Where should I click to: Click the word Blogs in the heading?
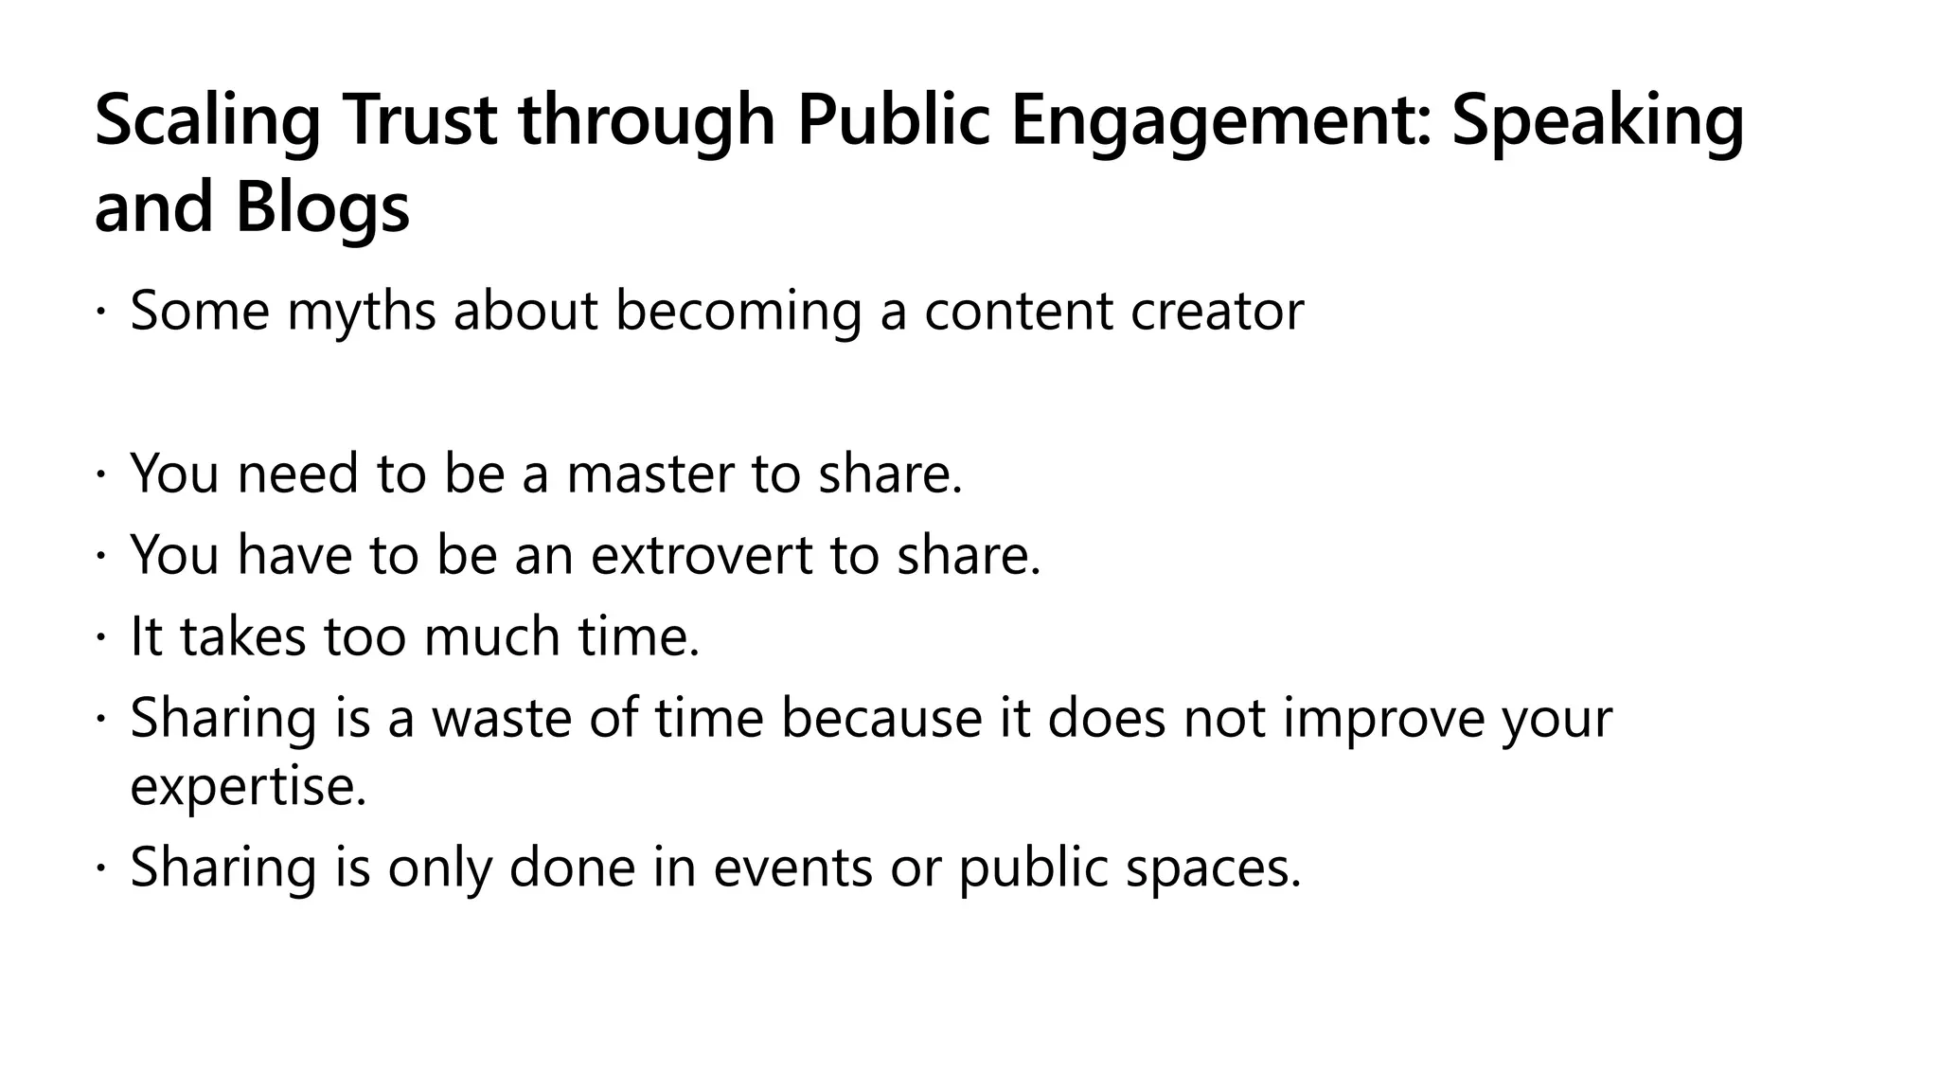322,209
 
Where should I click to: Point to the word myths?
361,312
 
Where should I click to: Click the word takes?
243,636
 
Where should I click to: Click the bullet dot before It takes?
100,636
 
